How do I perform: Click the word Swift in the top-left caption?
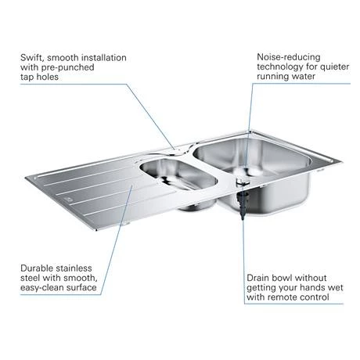tap(35, 57)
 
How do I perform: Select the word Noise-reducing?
tap(288, 57)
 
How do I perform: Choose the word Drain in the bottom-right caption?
tap(261, 278)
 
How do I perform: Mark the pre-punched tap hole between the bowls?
tap(181, 149)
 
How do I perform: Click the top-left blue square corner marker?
tap(5, 5)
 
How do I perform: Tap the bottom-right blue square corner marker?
tap(354, 354)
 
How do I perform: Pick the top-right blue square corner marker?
tap(354, 5)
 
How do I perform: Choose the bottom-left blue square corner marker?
tap(5, 354)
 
